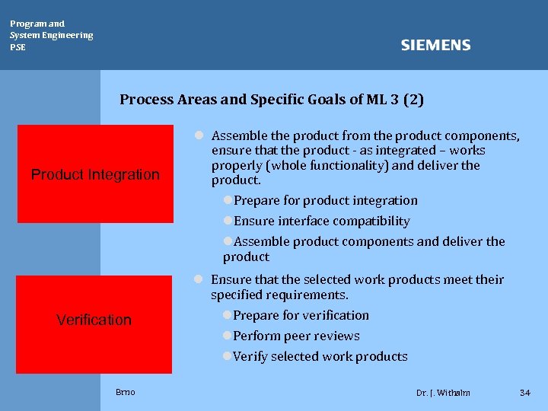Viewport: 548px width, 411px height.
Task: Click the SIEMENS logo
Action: click(x=435, y=46)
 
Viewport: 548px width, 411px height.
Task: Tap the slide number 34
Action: click(x=524, y=393)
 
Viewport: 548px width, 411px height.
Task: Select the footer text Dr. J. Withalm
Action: click(x=443, y=393)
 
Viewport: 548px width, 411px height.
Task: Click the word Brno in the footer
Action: click(x=126, y=392)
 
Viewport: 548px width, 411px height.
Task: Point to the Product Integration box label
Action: click(x=95, y=174)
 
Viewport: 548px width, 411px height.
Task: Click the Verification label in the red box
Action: click(x=94, y=320)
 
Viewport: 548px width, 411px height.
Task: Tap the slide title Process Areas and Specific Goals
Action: click(x=272, y=99)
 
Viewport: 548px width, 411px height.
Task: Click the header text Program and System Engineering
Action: click(x=51, y=29)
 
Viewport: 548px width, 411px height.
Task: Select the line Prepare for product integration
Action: click(x=325, y=200)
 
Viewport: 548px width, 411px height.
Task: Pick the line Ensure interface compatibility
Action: click(x=321, y=221)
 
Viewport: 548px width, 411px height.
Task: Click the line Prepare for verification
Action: click(x=301, y=315)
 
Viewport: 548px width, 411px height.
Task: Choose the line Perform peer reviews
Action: click(x=296, y=336)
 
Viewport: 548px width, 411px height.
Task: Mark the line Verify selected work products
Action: click(x=320, y=356)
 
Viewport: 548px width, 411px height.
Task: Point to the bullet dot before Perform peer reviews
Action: click(x=227, y=336)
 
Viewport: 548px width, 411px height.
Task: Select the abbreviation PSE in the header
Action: click(x=18, y=47)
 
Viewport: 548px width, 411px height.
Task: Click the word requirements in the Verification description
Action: click(x=310, y=295)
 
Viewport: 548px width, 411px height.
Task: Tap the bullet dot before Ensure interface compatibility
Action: click(x=227, y=221)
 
